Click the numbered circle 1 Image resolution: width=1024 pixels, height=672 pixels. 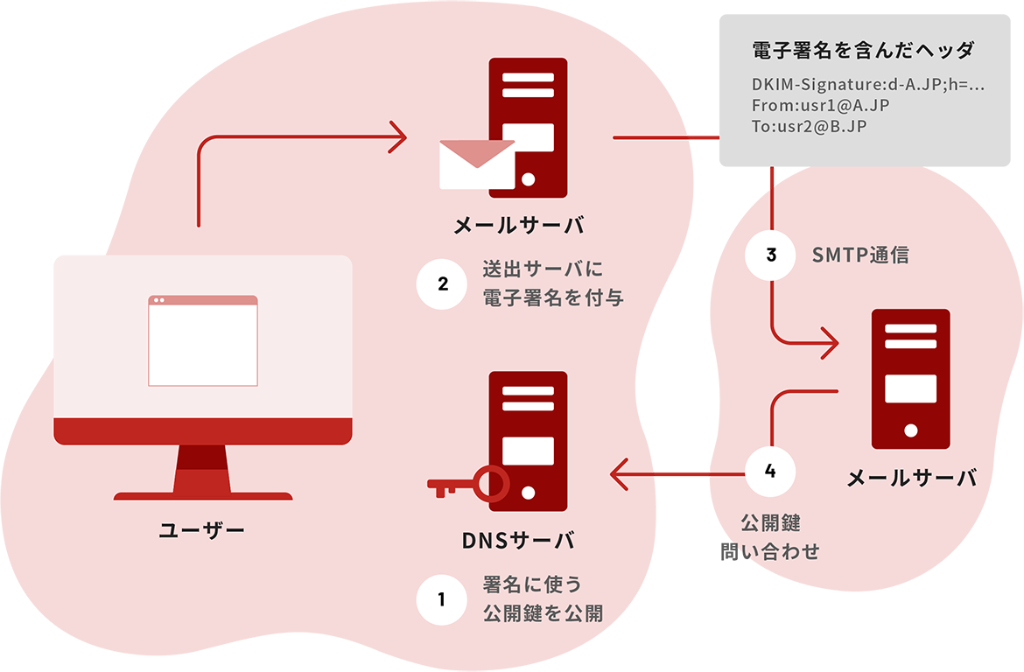point(441,599)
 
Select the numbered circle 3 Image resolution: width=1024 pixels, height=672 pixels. point(770,255)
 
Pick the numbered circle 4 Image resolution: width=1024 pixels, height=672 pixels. point(770,472)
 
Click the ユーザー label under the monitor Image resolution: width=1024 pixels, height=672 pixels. point(202,529)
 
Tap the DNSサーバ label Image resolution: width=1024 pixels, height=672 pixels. point(518,540)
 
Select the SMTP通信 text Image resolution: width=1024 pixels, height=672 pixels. point(860,255)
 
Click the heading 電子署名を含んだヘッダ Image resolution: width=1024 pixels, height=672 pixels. point(863,51)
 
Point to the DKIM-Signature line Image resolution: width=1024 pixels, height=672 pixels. point(868,86)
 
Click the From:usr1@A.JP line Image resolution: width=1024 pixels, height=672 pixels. point(821,106)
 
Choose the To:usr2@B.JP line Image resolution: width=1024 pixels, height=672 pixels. point(810,125)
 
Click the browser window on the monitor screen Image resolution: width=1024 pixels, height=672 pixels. point(203,340)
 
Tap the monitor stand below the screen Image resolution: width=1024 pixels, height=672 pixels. point(203,472)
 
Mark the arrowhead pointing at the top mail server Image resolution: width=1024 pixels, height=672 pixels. point(398,137)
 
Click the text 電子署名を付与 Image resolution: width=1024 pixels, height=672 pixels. point(553,297)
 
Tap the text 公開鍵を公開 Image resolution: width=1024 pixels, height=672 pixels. point(543,612)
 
